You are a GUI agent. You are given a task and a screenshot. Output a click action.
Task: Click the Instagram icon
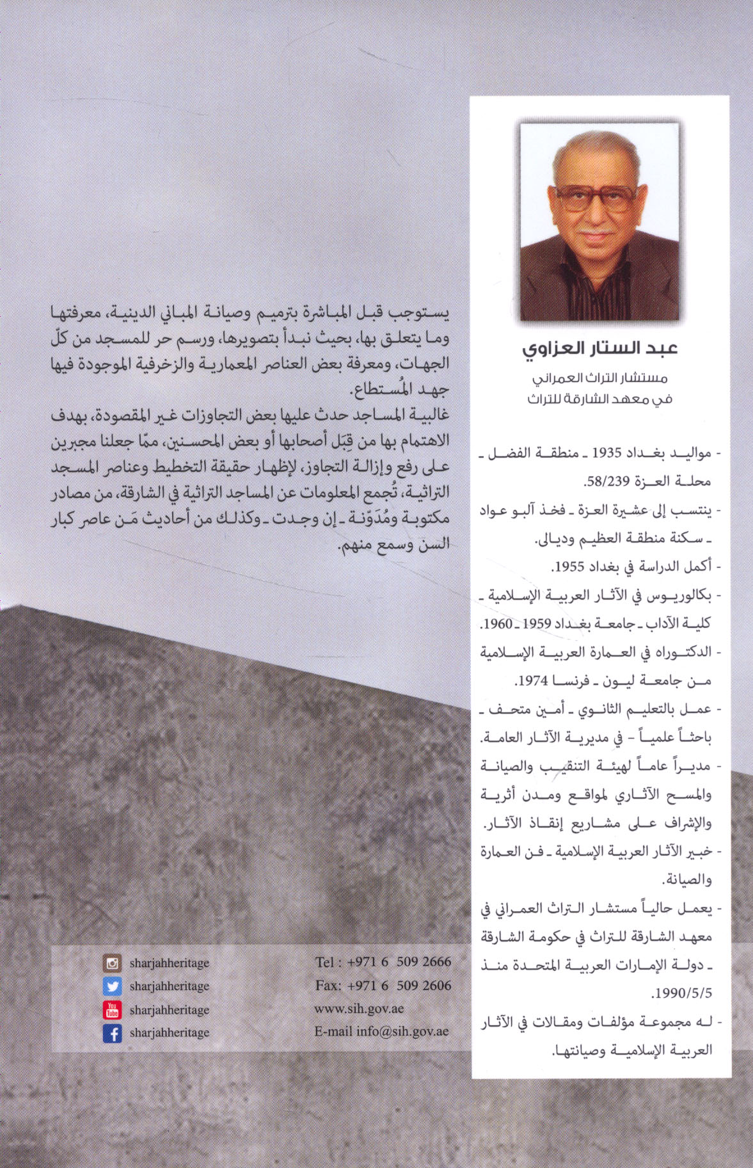tap(112, 963)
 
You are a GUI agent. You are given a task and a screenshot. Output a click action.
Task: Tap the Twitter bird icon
tap(112, 986)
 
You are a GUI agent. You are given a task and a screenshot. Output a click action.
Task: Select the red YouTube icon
tap(112, 1010)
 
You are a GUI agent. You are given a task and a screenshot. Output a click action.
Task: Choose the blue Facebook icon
tap(112, 1033)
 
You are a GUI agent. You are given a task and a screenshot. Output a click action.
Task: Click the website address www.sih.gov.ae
tap(359, 1009)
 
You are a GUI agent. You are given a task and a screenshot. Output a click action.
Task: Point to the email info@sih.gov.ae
tap(381, 1032)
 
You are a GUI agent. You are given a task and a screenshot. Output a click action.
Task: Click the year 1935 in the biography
tap(606, 453)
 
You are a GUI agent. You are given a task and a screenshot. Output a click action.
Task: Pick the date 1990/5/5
tap(681, 994)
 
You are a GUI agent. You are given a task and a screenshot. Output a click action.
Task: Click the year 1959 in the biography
tap(537, 623)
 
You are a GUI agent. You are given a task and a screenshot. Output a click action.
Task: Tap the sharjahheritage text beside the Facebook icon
tap(169, 1033)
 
